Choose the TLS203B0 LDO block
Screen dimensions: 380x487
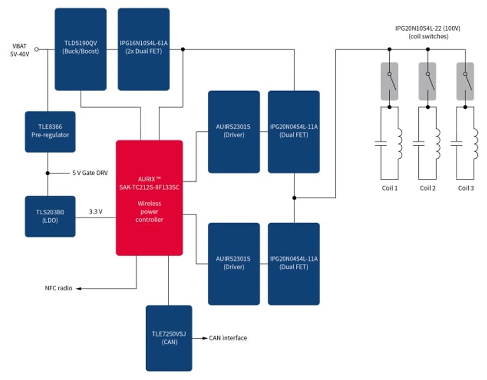50,216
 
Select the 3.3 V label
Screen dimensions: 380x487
96,212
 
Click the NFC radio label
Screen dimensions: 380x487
58,288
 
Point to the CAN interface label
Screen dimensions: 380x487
228,338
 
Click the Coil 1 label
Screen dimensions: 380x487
389,188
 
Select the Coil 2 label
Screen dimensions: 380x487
428,188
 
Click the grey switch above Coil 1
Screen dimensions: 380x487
389,81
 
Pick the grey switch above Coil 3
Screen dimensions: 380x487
465,81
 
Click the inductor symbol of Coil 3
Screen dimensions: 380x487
475,143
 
